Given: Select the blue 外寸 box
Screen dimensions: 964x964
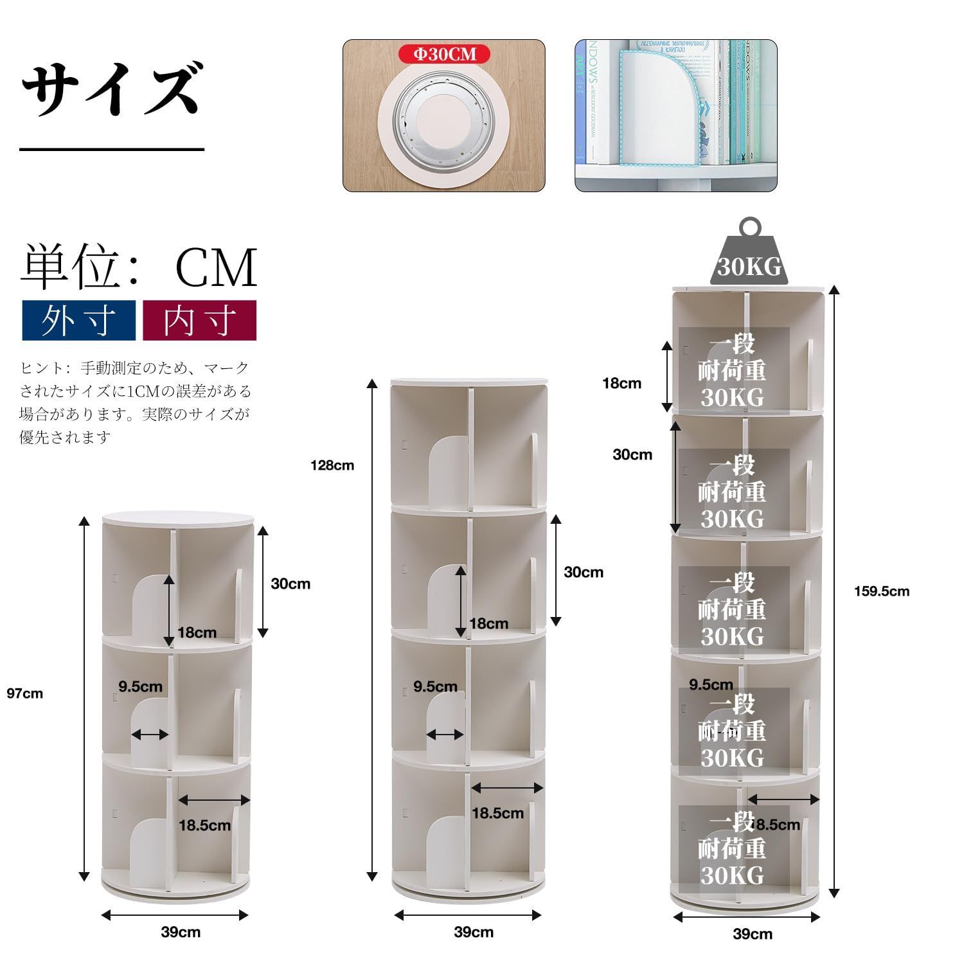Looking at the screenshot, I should [78, 320].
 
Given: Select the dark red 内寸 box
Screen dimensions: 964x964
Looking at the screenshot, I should [199, 320].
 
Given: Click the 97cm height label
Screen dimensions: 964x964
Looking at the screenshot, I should [25, 693].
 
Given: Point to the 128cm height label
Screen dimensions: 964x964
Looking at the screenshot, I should [332, 465].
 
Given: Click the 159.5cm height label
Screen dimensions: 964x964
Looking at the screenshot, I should [882, 591].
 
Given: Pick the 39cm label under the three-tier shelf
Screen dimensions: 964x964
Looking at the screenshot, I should [181, 932].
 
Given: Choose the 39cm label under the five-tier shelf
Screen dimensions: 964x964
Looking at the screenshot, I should [753, 934].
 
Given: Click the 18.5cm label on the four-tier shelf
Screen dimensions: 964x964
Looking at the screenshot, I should [497, 813].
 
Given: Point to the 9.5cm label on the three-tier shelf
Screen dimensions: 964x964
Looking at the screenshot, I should [140, 686].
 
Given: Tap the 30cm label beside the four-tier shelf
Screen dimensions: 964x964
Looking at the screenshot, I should [584, 572].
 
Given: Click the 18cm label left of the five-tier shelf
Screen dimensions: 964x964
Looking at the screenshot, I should [621, 384].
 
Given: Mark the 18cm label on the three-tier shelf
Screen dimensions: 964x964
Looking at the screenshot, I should [197, 632].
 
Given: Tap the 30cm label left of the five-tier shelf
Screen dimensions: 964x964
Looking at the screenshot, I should [632, 454].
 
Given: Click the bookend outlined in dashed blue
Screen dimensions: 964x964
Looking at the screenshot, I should [656, 109].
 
